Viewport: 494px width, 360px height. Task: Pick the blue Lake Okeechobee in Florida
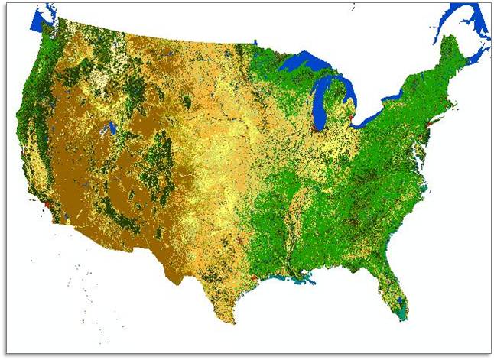click(395, 285)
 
